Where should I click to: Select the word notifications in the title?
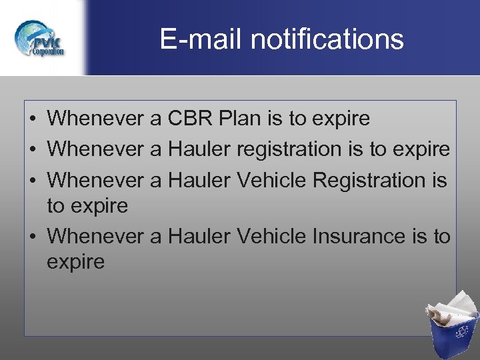click(x=327, y=39)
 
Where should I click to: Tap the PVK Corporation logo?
click(x=40, y=39)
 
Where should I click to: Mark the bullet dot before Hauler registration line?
click(x=32, y=150)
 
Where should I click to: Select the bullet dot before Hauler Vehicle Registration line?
click(x=32, y=181)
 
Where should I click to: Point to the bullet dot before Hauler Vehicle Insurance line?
click(x=32, y=237)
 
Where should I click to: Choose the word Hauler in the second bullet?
click(x=198, y=149)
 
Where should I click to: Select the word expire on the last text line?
click(x=75, y=262)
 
